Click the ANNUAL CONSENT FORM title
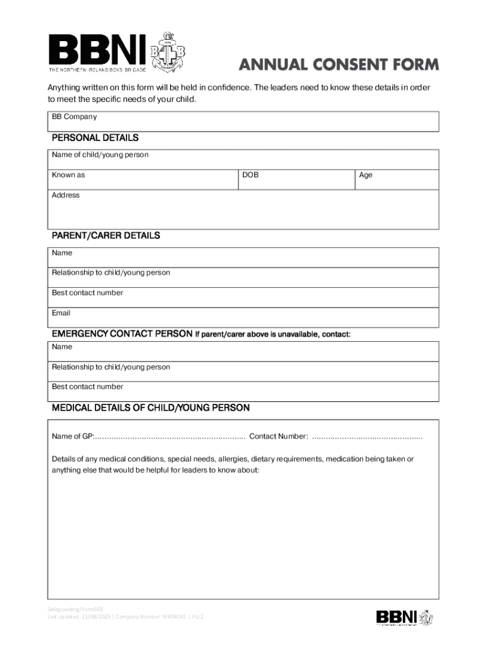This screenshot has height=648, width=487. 338,65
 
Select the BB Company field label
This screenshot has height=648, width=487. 74,117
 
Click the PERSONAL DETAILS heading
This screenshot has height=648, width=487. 95,138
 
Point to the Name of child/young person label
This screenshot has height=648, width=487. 100,155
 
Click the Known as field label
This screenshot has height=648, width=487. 68,175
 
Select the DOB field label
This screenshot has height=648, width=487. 250,175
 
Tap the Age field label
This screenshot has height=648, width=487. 366,175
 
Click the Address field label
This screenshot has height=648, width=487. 66,196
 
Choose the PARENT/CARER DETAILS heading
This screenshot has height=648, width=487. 106,235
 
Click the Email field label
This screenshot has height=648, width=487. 61,313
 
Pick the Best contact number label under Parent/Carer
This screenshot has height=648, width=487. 87,293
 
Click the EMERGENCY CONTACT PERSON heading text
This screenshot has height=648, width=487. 121,333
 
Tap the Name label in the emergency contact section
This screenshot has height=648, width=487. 62,347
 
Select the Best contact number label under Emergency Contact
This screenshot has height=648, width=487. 87,387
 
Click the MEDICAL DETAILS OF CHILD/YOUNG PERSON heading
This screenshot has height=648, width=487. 151,408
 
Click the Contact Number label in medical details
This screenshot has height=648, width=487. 279,437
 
